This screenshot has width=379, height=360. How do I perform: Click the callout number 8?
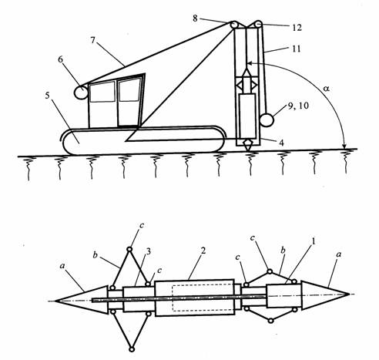[195, 19]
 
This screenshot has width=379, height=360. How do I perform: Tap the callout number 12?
[297, 28]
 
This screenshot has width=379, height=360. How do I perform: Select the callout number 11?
[297, 49]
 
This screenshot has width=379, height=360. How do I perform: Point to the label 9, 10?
[298, 106]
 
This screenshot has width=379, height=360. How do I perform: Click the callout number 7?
[92, 40]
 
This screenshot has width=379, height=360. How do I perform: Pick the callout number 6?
[60, 59]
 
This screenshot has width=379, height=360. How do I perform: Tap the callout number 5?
[47, 96]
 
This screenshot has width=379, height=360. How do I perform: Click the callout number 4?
[281, 143]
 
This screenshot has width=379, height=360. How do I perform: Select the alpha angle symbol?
[326, 89]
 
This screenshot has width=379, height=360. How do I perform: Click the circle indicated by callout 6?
[81, 93]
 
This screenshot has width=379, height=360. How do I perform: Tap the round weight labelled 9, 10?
[267, 120]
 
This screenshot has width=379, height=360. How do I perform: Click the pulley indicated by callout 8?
[234, 25]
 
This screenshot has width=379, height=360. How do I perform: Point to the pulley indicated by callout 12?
[257, 25]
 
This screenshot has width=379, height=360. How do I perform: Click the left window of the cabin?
[102, 92]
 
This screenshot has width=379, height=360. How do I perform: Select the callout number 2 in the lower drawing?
[203, 251]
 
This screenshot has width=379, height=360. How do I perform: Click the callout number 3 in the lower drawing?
[148, 251]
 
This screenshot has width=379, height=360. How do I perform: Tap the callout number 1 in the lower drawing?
[313, 241]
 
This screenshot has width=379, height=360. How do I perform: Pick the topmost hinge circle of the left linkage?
[129, 249]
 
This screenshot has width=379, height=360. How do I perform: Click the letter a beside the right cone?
[339, 254]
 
